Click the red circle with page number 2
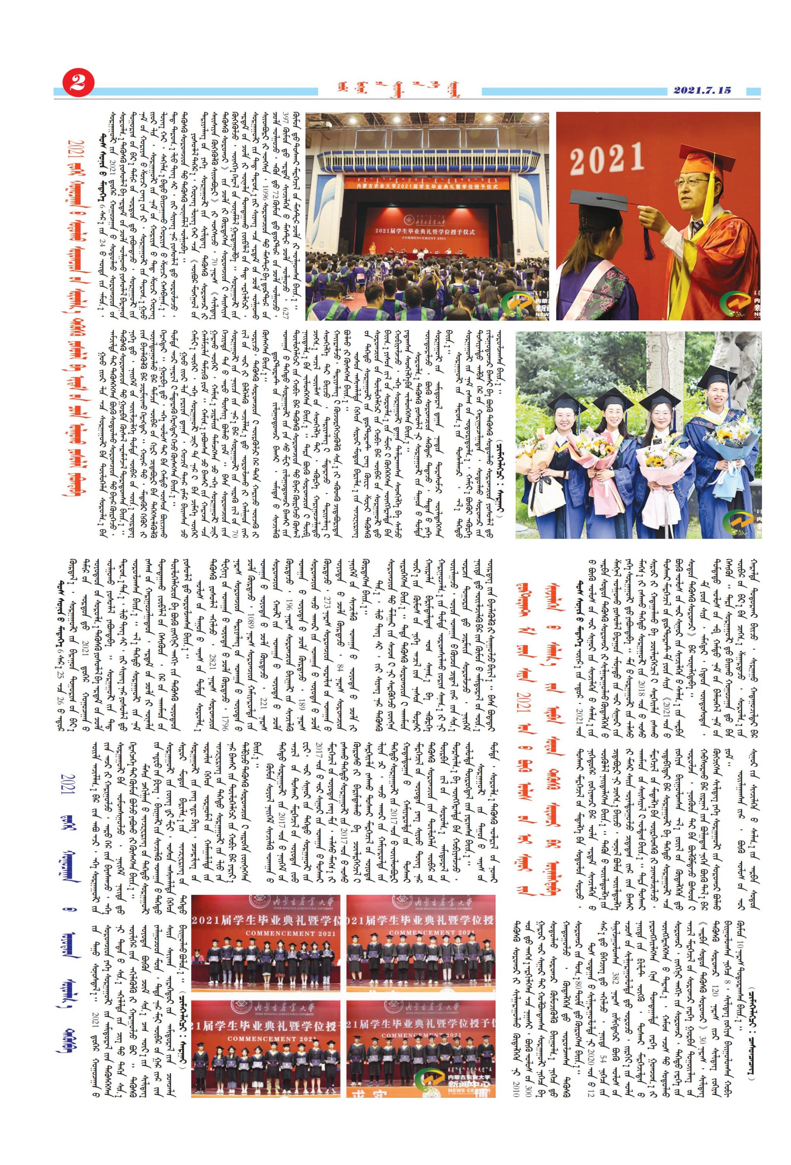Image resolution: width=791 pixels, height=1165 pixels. (77, 84)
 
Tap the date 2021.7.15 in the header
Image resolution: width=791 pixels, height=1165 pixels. (702, 91)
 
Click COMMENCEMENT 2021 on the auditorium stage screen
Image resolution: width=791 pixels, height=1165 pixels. (427, 238)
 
